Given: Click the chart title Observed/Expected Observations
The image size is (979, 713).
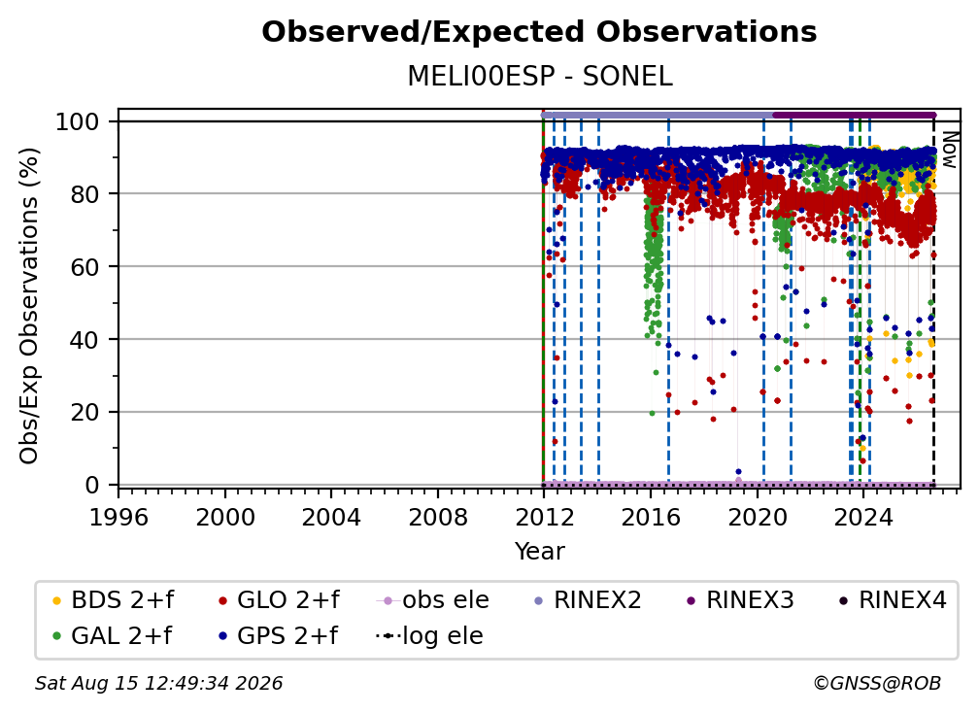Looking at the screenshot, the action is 539,32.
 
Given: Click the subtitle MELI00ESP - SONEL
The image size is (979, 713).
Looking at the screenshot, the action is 540,77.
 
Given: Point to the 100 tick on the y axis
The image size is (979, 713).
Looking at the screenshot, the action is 78,121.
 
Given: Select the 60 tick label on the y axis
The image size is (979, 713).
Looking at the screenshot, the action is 84,267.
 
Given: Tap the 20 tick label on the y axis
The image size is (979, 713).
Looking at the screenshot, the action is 84,413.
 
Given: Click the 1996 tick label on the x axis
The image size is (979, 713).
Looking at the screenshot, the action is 118,518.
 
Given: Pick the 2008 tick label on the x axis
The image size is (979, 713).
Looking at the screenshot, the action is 438,518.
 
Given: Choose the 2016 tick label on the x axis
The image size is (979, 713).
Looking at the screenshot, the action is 651,518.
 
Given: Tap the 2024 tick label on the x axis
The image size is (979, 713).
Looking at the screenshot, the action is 863,518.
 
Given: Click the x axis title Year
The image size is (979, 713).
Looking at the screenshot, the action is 539,552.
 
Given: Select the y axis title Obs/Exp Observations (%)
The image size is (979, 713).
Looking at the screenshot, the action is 29,306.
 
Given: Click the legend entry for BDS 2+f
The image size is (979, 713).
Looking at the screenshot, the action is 113,600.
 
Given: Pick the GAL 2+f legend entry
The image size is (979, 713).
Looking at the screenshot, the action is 112,636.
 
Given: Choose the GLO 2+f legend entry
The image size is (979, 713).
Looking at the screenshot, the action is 279,600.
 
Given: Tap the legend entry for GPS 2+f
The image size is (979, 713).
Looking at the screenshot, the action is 278,636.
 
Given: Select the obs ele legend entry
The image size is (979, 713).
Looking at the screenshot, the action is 433,600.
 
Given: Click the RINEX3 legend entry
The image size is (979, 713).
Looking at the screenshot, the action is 740,600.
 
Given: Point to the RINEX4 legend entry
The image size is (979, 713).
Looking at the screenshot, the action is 893,600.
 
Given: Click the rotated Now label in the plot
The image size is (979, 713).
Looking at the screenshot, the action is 949,150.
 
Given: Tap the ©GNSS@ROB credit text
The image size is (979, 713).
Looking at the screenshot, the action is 877,684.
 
